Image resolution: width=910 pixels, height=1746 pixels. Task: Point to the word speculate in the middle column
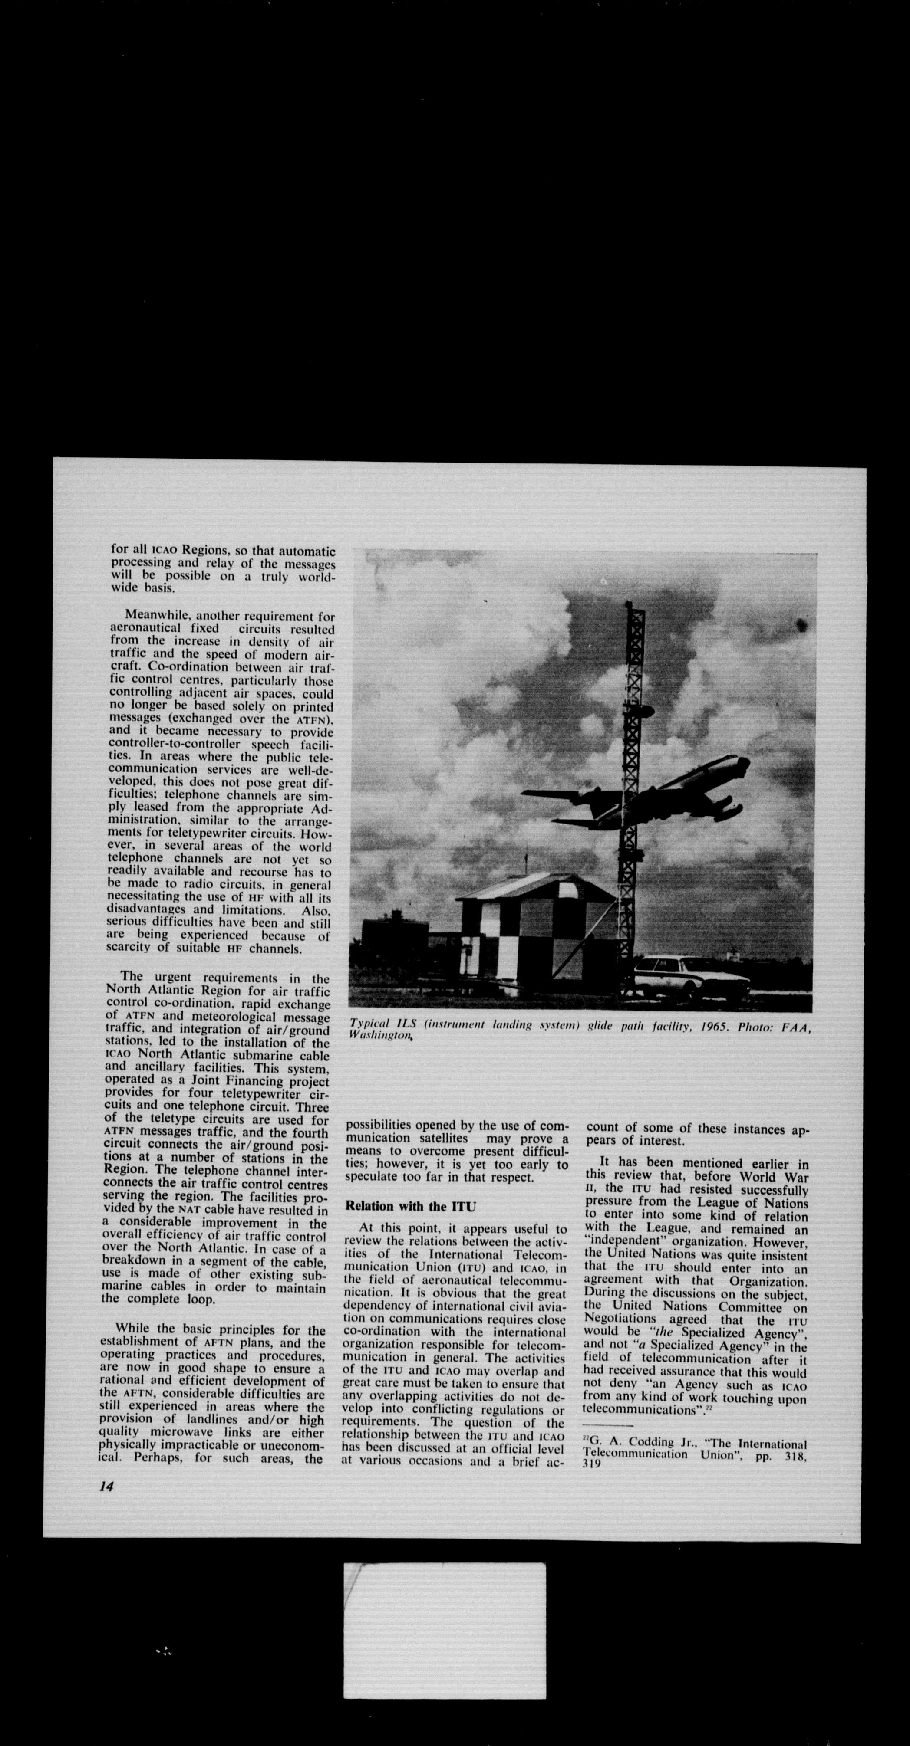pos(374,1177)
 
